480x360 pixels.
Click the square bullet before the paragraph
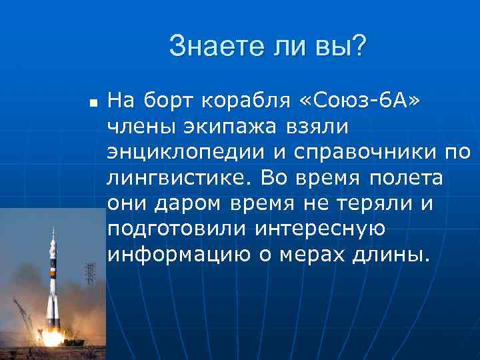(93, 104)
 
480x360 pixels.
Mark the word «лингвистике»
(179, 179)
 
